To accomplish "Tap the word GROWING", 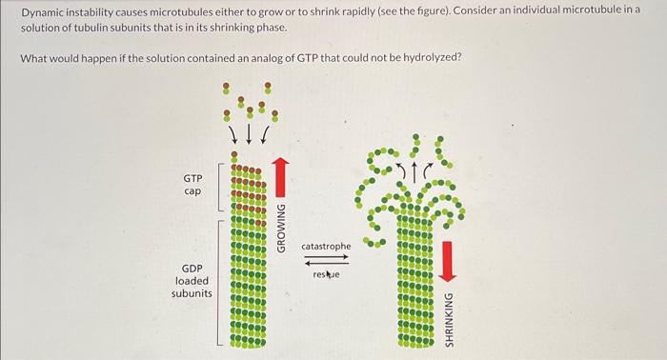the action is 280,228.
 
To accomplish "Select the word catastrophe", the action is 326,247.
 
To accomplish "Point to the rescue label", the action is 326,274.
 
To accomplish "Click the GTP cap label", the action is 192,184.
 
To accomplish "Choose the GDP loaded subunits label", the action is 192,281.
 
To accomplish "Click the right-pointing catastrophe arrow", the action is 326,257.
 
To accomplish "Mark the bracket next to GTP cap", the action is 221,187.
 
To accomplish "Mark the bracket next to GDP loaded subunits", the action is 221,280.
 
